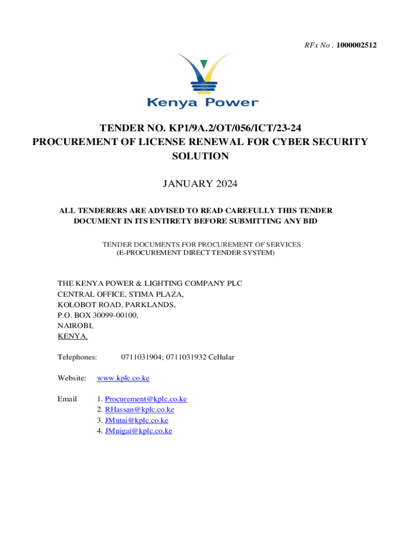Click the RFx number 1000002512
pos(357,46)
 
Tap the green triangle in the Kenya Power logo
pos(204,64)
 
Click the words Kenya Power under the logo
pos(202,102)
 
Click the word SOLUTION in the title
pos(200,156)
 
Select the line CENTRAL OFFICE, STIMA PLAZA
pos(120,294)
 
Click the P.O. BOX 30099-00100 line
pos(98,315)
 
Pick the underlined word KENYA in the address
pos(72,336)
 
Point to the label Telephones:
pos(77,357)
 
